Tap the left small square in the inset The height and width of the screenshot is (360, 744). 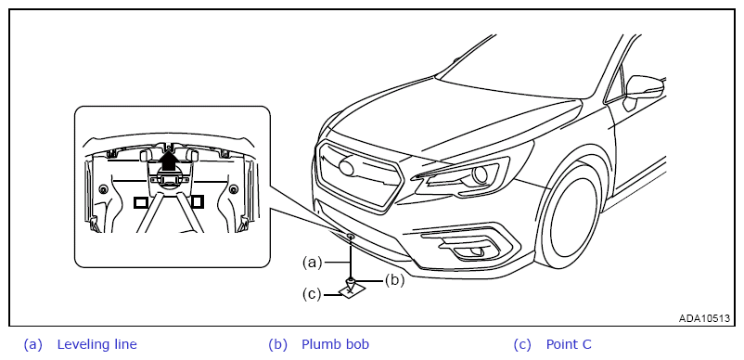pyautogui.click(x=141, y=202)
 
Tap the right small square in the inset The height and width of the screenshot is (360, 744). pyautogui.click(x=197, y=202)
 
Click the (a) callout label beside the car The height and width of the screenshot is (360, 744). pyautogui.click(x=313, y=263)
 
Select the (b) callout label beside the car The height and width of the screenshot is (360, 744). pyautogui.click(x=394, y=280)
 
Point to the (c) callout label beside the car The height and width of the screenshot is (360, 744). pyautogui.click(x=313, y=294)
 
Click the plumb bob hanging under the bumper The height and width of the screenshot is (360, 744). pyautogui.click(x=350, y=283)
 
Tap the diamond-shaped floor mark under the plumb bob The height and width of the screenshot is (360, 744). pyautogui.click(x=350, y=290)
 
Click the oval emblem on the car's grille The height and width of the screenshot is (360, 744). pyautogui.click(x=347, y=168)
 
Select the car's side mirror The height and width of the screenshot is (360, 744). pyautogui.click(x=644, y=89)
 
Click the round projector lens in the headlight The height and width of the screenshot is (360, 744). pyautogui.click(x=481, y=175)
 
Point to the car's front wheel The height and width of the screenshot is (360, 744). pyautogui.click(x=570, y=216)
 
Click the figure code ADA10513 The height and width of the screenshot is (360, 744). pyautogui.click(x=704, y=318)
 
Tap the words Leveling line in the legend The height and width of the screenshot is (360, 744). pyautogui.click(x=96, y=344)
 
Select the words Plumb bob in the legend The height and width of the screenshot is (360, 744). pyautogui.click(x=336, y=344)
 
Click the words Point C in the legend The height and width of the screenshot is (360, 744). pyautogui.click(x=569, y=344)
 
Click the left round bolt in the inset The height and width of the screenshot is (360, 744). pyautogui.click(x=103, y=189)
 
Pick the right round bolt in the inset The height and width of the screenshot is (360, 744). pyautogui.click(x=233, y=189)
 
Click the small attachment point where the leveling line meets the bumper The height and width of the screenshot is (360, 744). pyautogui.click(x=350, y=236)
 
